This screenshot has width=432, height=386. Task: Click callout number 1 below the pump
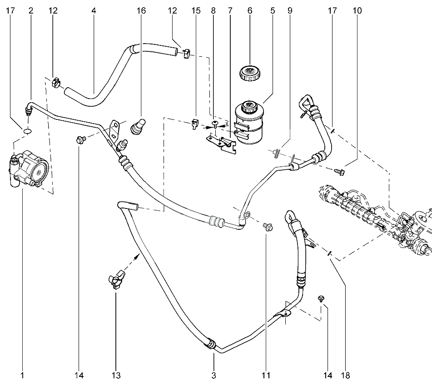(x=22, y=375)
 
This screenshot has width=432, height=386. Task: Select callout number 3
(x=214, y=375)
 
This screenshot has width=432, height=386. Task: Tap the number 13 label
(x=116, y=375)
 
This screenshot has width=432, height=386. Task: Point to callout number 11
(x=266, y=375)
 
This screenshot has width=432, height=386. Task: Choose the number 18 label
(x=345, y=375)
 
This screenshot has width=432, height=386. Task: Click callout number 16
(x=141, y=11)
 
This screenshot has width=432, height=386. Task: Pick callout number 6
(x=249, y=11)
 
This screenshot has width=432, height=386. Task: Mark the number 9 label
(x=289, y=11)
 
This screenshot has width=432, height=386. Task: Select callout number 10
(x=357, y=11)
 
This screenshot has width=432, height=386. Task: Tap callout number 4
(x=94, y=11)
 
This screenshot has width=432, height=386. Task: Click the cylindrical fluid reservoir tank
(x=249, y=122)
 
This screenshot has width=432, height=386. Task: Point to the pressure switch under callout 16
(x=138, y=126)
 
